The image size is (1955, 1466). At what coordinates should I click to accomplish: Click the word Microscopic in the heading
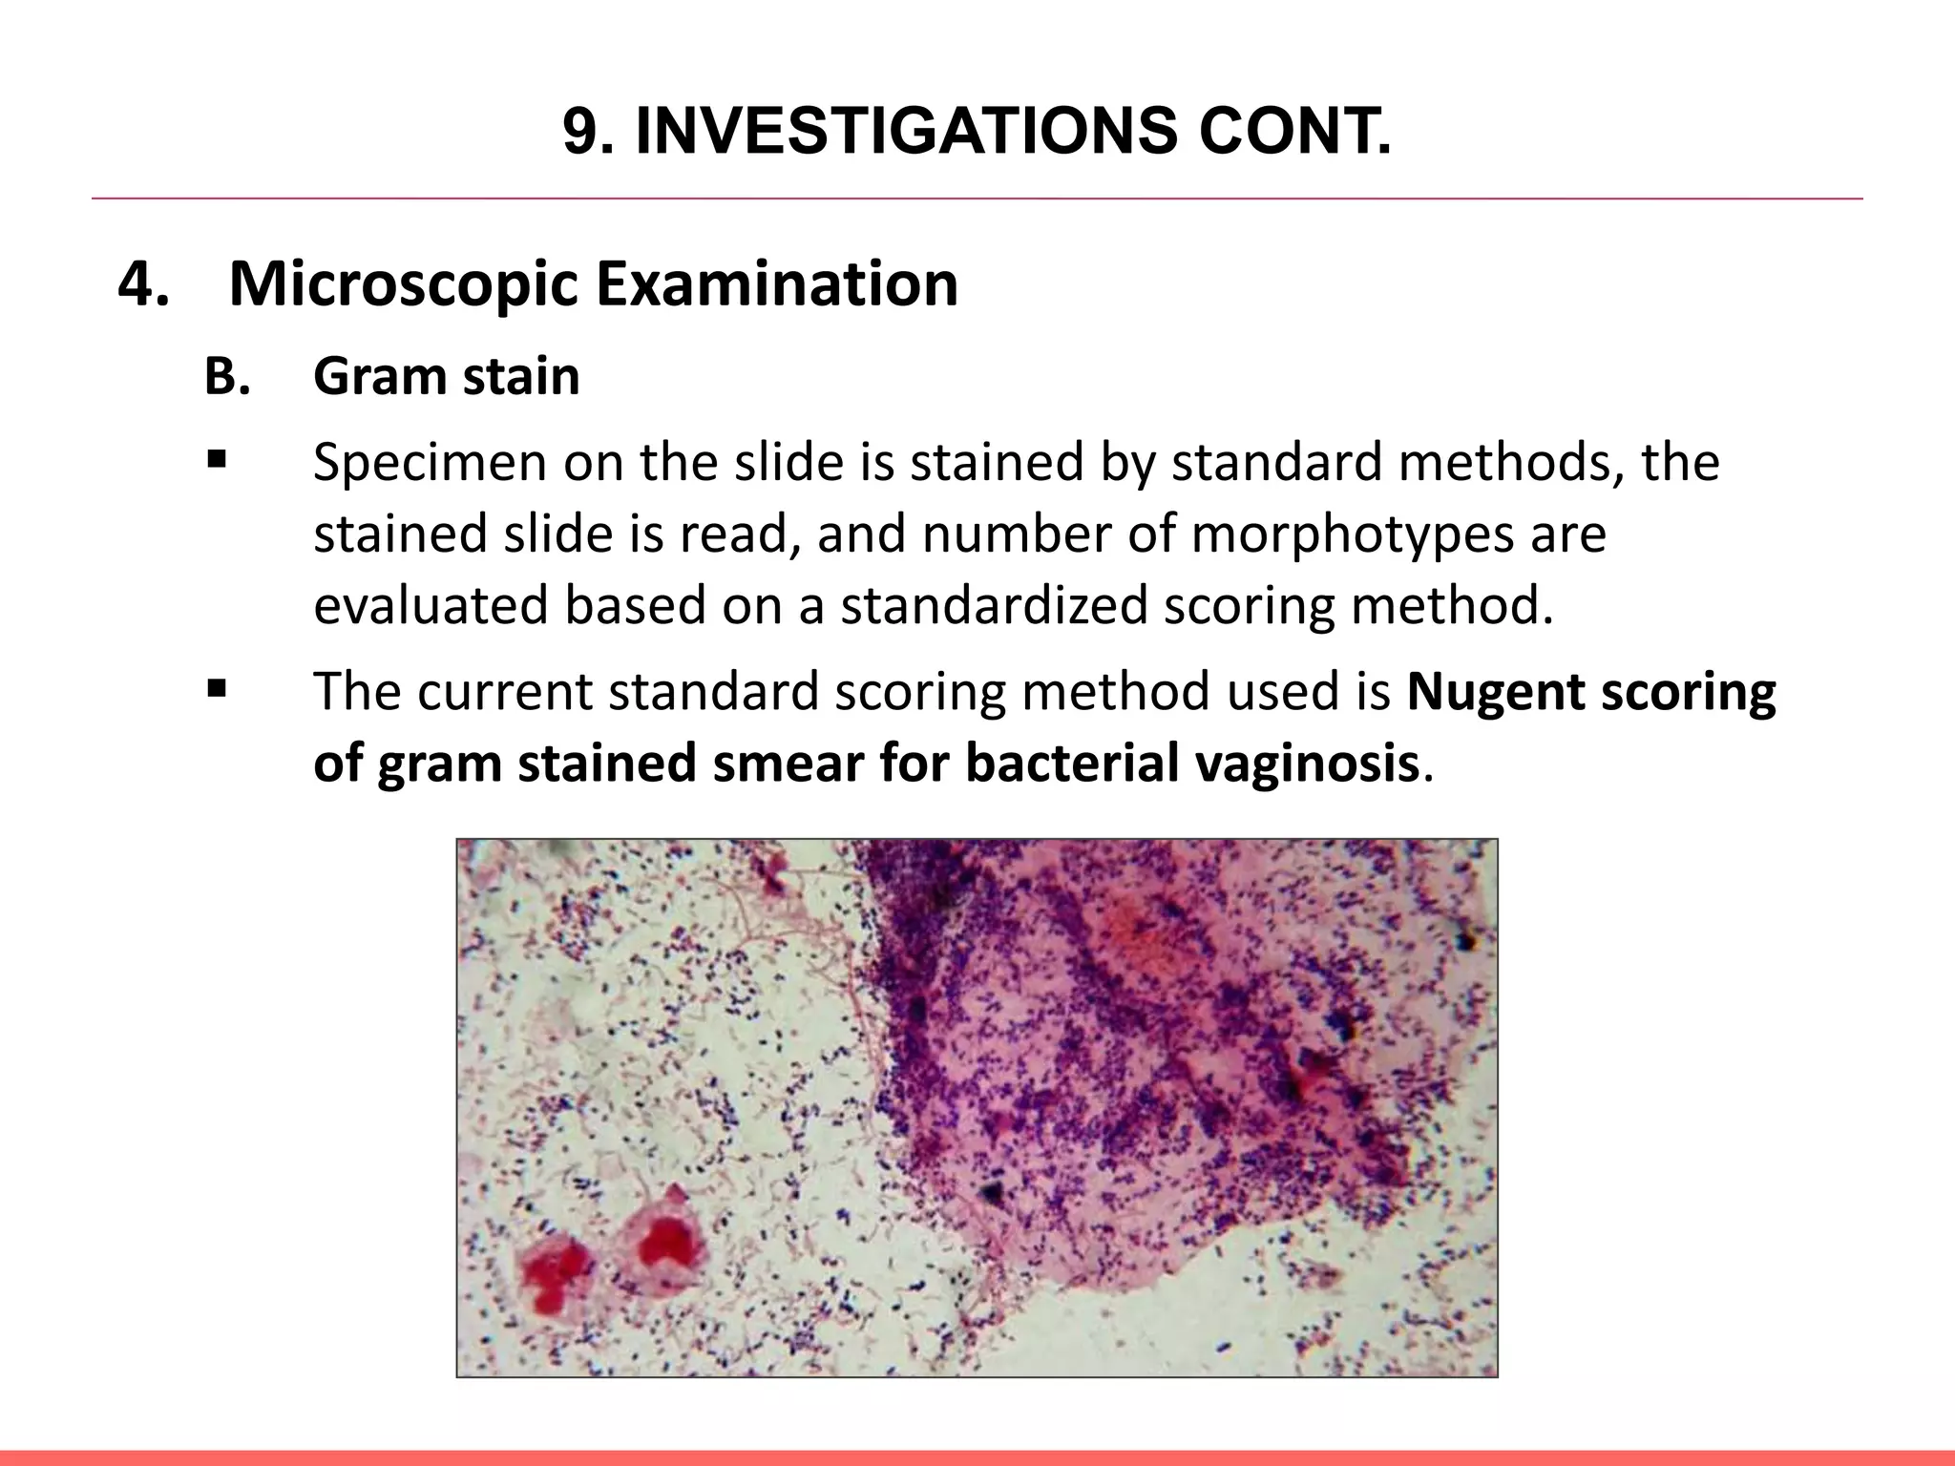tap(403, 283)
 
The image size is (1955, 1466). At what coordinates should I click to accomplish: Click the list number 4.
tap(144, 283)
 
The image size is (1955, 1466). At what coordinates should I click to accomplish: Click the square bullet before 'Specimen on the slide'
tap(215, 461)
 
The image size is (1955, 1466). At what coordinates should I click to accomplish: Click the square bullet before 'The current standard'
tap(215, 688)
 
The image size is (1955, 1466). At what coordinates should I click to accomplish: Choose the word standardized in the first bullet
tap(993, 606)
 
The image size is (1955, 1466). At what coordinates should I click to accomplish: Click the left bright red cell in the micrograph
tap(555, 1274)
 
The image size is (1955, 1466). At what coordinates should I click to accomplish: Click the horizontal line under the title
tap(977, 199)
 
